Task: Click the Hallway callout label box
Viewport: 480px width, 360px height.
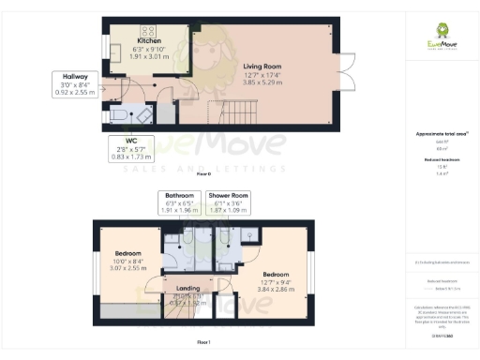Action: [x=75, y=85]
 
